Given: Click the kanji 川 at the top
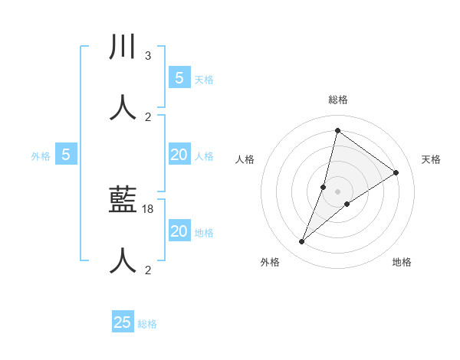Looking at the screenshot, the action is click(123, 47).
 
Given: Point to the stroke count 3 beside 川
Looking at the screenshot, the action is click(147, 56).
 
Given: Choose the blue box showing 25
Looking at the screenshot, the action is click(123, 322).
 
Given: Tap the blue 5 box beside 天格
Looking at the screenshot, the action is click(179, 78).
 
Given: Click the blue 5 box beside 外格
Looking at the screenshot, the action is click(66, 155).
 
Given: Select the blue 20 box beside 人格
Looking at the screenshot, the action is click(179, 155).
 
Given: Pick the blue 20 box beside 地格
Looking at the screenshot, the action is click(179, 231).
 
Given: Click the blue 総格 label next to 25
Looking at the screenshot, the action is click(147, 324).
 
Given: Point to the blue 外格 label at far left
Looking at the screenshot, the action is click(41, 156).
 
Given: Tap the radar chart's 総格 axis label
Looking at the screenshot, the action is click(337, 100).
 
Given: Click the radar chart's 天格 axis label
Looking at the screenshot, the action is click(431, 159).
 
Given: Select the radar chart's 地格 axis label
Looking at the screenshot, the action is click(402, 262).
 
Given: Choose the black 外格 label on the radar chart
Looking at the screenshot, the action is click(270, 262).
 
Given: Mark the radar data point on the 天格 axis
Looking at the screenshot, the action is click(396, 172).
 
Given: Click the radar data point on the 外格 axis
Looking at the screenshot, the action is click(302, 242).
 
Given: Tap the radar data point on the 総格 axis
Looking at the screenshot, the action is click(337, 130).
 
